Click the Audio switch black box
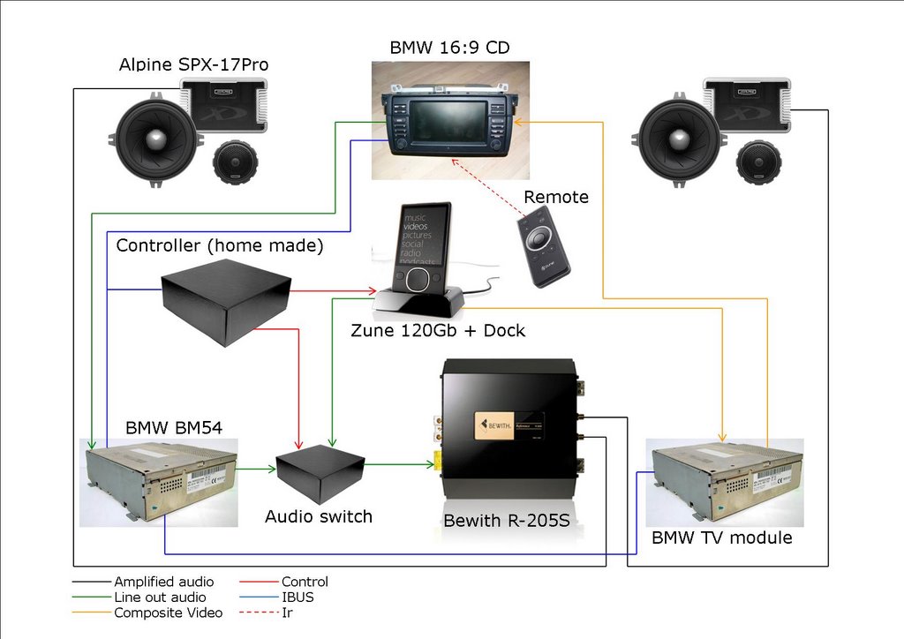(320, 473)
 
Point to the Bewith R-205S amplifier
(509, 441)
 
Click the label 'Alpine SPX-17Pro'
(193, 65)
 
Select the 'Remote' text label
(556, 197)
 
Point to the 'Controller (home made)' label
(220, 245)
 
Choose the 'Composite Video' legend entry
(169, 613)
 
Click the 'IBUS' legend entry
(298, 598)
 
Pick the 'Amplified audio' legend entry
(163, 582)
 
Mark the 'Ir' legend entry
(287, 613)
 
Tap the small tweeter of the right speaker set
(758, 162)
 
